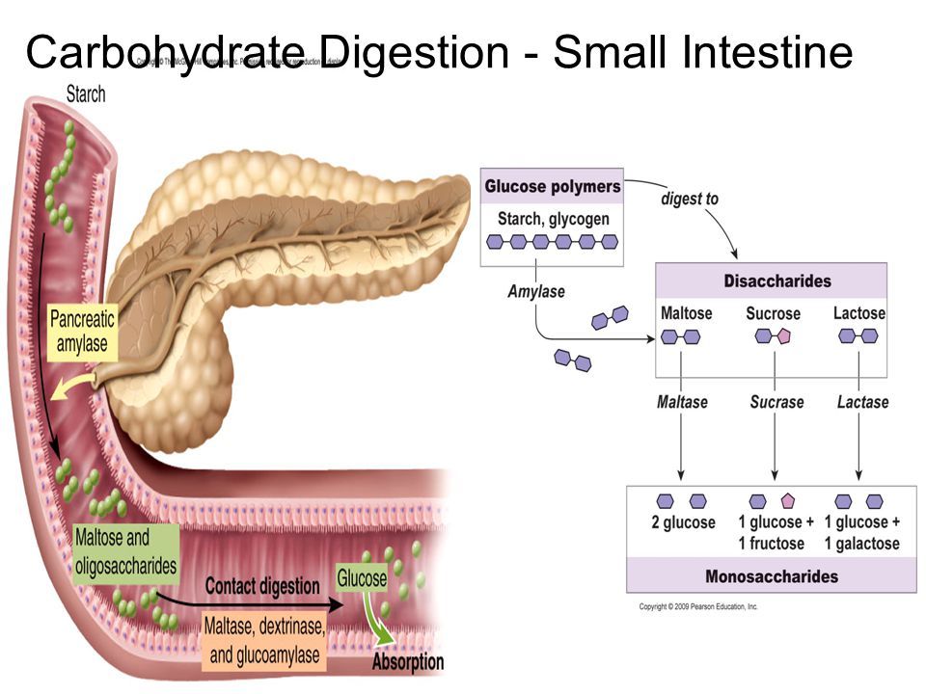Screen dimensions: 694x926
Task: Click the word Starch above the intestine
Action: coord(85,95)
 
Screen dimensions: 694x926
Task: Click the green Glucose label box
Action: coord(362,578)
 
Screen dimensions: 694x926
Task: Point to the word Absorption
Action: coord(408,662)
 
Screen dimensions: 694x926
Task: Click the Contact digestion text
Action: coord(261,586)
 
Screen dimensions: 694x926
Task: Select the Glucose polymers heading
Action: coord(552,186)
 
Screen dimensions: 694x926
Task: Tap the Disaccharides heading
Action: coord(776,281)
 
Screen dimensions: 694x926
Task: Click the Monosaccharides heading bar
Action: coord(771,576)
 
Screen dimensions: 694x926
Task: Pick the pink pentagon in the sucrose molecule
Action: coord(783,335)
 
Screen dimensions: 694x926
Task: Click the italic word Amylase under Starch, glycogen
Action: coord(536,291)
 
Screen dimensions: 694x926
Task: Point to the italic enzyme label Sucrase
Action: coord(776,401)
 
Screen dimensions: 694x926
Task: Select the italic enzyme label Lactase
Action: coord(862,401)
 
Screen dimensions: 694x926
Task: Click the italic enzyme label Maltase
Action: coord(683,401)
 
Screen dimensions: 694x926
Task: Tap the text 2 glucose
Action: coord(683,522)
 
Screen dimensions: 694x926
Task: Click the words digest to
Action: coord(689,200)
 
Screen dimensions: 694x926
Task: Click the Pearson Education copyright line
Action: coord(698,607)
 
